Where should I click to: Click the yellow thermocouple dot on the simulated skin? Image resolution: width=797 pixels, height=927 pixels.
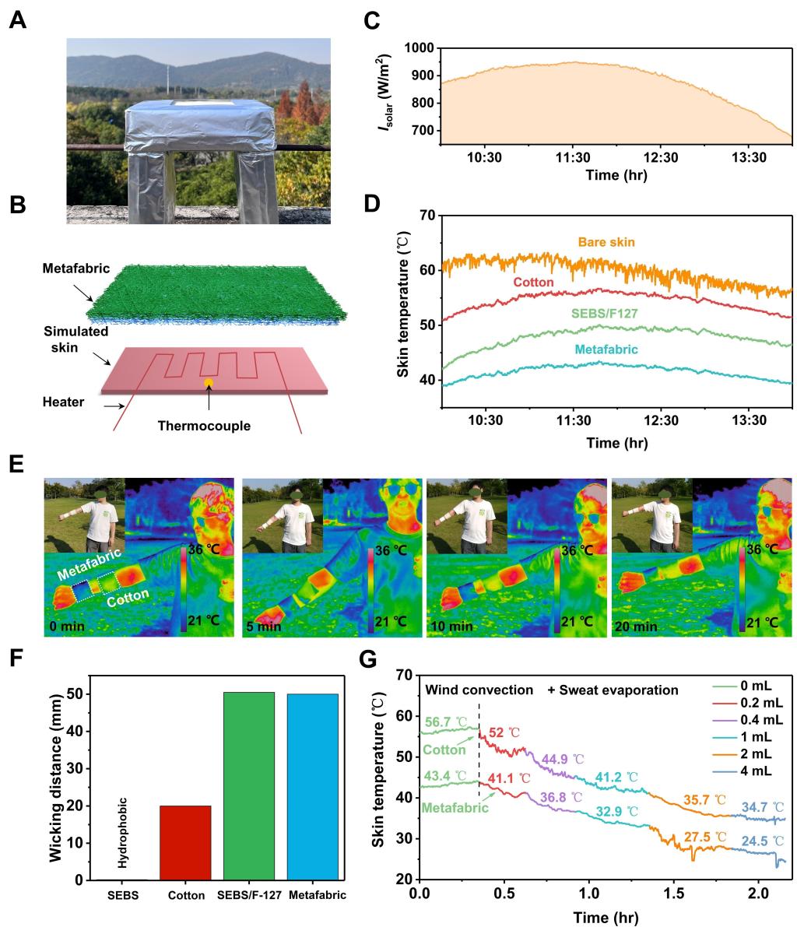pyautogui.click(x=208, y=382)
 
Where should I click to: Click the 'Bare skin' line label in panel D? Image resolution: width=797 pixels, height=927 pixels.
pyautogui.click(x=606, y=243)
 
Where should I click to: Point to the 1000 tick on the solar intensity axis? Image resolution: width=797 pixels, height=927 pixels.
pyautogui.click(x=421, y=48)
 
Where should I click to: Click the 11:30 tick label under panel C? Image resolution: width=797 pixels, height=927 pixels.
pyautogui.click(x=572, y=159)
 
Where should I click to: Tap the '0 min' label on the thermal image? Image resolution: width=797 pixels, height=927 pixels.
pyautogui.click(x=65, y=625)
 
